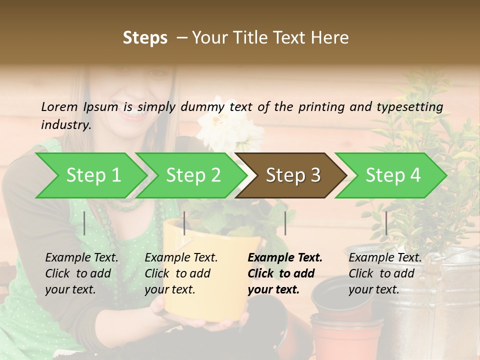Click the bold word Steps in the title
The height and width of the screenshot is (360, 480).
tap(145, 38)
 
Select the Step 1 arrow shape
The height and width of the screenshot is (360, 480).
tap(90, 175)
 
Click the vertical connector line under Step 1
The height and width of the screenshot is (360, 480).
tap(84, 223)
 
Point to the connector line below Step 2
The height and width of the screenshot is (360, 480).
tap(184, 223)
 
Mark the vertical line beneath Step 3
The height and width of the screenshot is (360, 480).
tap(285, 223)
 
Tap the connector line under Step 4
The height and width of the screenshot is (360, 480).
tap(386, 223)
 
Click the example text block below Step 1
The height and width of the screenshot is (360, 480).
tap(81, 273)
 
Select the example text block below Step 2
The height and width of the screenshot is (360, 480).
tap(181, 273)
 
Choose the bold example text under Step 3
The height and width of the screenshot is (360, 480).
tap(285, 273)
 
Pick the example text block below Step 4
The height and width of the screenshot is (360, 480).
tap(385, 273)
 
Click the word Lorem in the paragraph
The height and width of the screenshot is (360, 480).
tap(59, 106)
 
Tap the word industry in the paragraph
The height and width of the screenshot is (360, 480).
tap(65, 124)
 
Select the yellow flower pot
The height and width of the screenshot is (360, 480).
tap(200, 275)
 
